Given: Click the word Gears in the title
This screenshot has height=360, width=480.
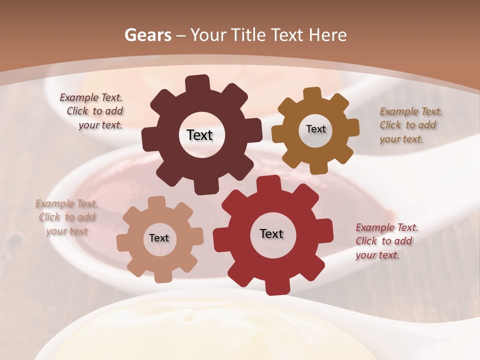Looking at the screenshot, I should coord(148,35).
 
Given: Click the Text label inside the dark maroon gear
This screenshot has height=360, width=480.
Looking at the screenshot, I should coord(199,135).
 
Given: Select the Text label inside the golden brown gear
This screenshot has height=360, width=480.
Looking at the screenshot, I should coord(315,129).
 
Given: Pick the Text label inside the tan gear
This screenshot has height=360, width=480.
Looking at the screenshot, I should coord(159,238).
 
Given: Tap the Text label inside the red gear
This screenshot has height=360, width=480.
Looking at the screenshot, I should coord(271,233).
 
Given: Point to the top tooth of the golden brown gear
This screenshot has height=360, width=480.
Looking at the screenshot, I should coord(312,94).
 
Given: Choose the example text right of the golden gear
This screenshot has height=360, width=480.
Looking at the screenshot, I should coord(410,125).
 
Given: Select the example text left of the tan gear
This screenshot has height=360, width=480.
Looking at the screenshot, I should coord(66,217).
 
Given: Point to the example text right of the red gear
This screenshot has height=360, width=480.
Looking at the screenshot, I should coord(386,241).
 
